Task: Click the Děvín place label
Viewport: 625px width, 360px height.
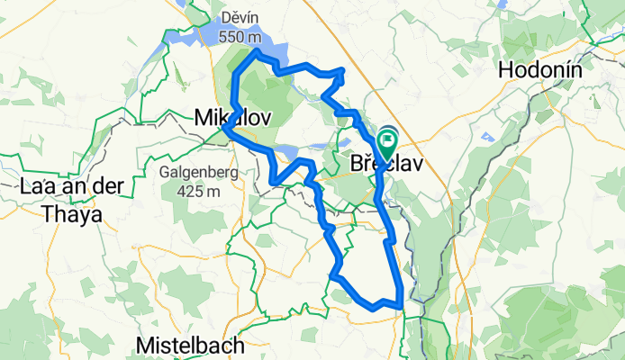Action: pyautogui.click(x=242, y=17)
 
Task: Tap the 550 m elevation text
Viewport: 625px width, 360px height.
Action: pyautogui.click(x=242, y=38)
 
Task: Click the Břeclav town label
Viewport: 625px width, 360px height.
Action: pyautogui.click(x=385, y=165)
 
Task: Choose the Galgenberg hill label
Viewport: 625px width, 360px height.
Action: pyautogui.click(x=198, y=172)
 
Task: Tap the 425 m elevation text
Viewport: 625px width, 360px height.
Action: pyautogui.click(x=198, y=191)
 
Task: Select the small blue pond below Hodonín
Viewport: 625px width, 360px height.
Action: pyautogui.click(x=487, y=137)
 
